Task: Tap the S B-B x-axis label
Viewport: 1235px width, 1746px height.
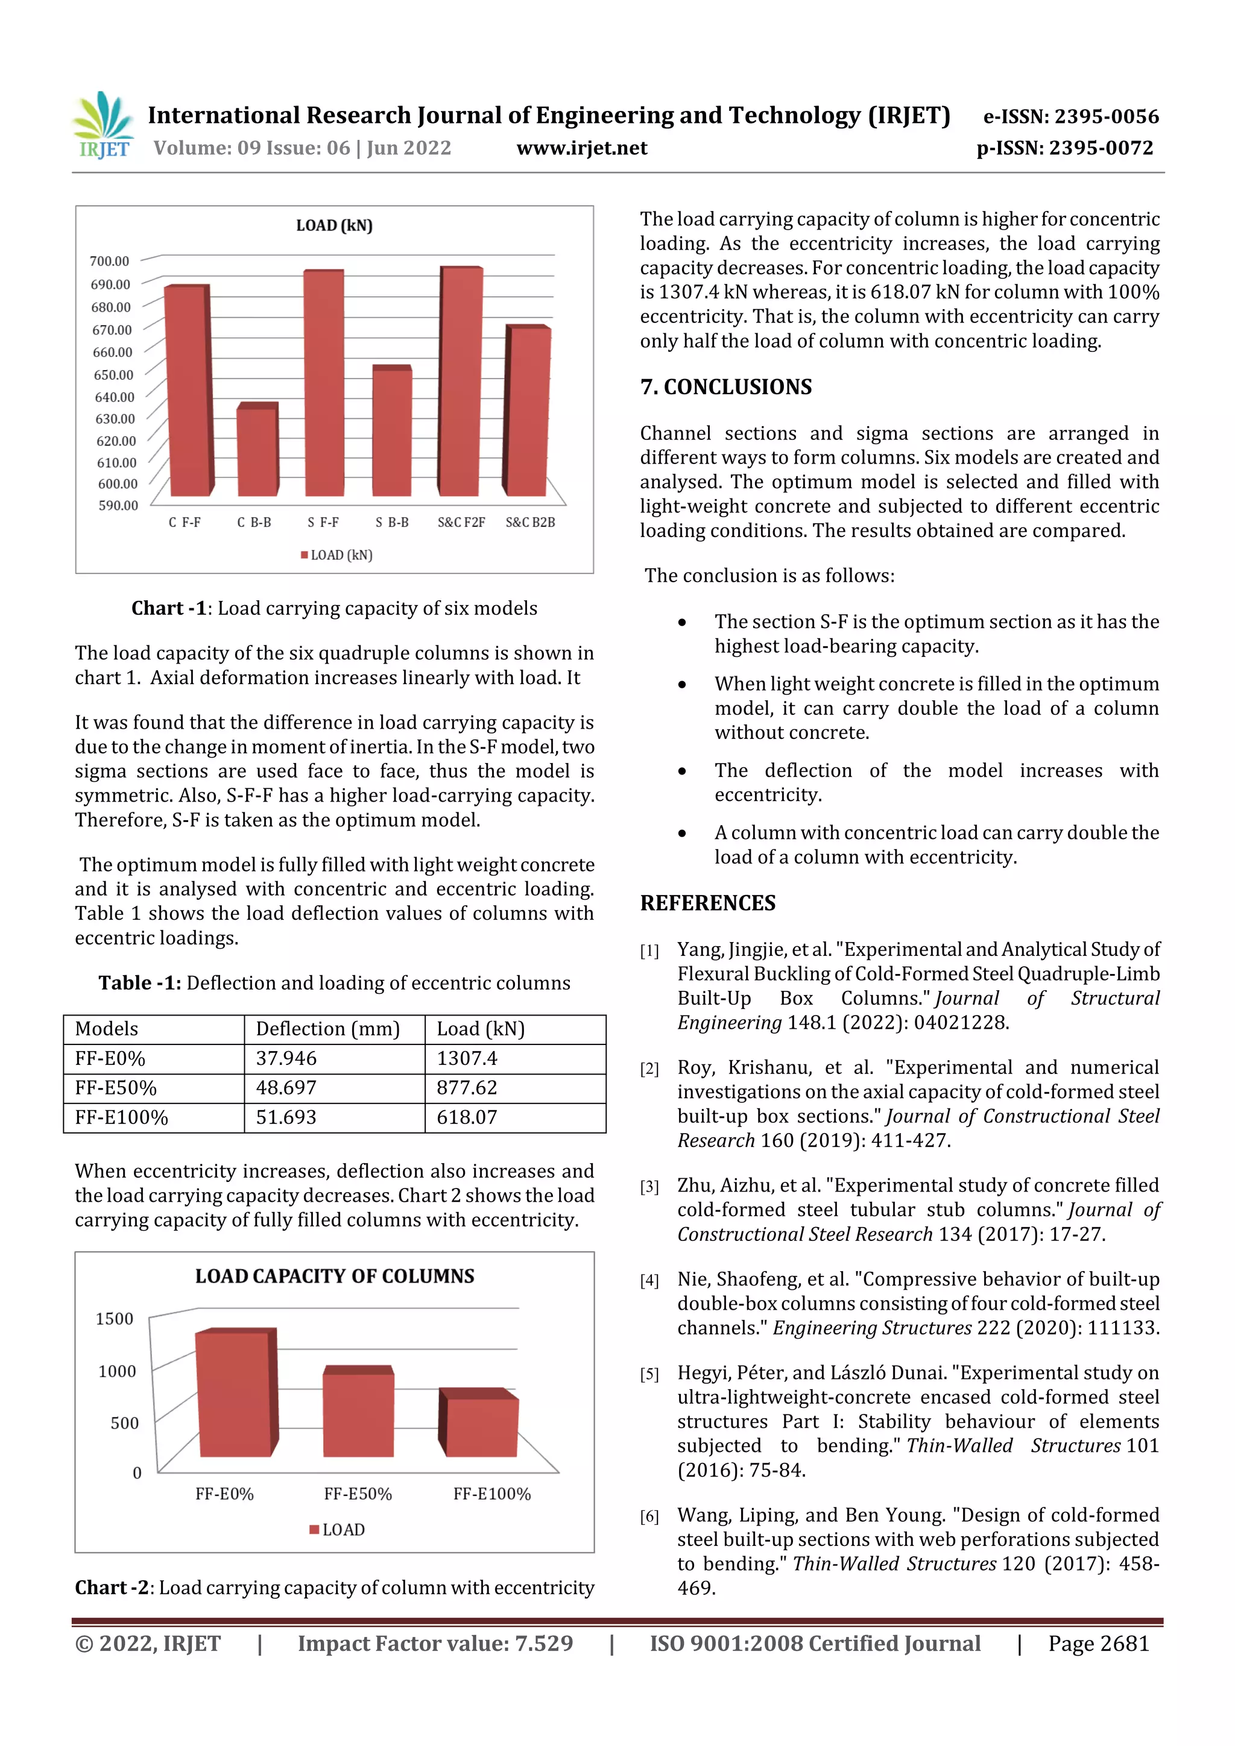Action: [392, 523]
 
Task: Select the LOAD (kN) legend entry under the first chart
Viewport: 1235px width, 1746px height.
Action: [337, 555]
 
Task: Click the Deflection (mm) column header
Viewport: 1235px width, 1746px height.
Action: [328, 1029]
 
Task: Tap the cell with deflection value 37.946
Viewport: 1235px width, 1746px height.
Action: [286, 1058]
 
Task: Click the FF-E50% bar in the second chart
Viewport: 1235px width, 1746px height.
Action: [358, 1414]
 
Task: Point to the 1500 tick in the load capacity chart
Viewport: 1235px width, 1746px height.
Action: [114, 1319]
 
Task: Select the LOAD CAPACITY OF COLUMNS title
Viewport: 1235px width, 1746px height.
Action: [334, 1276]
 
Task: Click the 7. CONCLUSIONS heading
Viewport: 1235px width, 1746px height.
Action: [726, 387]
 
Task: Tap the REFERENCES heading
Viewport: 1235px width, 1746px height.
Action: [708, 903]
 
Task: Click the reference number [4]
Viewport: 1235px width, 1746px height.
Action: [649, 1281]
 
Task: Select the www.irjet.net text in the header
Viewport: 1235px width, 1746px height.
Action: [581, 148]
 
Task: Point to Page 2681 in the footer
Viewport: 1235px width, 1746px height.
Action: [1098, 1644]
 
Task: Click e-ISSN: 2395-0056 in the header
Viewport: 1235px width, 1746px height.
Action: [1070, 116]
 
